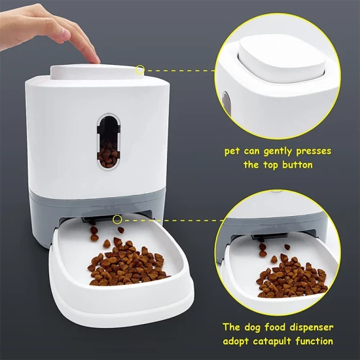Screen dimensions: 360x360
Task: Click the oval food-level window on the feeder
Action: point(109,141)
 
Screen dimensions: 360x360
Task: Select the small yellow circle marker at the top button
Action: point(140,70)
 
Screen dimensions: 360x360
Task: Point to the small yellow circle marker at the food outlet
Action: point(117,219)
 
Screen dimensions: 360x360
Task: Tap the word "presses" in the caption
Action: point(314,152)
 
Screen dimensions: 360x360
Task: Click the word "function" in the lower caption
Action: point(314,341)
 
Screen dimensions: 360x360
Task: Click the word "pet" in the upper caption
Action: point(232,152)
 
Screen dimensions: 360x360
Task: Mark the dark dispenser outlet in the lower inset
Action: point(269,236)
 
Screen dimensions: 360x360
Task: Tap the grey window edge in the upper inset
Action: point(226,103)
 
